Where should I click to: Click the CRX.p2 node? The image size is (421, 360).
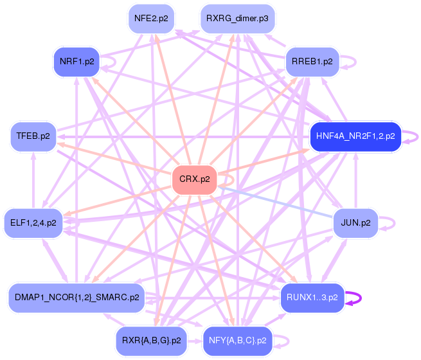(x=195, y=179)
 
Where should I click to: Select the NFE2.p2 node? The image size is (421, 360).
(x=152, y=19)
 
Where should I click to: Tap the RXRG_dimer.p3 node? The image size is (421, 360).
(x=237, y=19)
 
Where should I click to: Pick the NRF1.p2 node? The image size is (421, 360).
(x=76, y=62)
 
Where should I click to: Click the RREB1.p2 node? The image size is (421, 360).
(x=312, y=62)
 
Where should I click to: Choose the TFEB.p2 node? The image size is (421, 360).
(x=33, y=136)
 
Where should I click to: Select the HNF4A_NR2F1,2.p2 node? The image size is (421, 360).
(x=355, y=136)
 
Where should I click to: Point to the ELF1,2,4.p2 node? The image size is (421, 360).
(x=33, y=223)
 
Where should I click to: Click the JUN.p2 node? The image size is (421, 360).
(x=355, y=223)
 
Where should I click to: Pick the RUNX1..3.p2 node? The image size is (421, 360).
(x=312, y=298)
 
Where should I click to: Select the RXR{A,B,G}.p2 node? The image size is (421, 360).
(x=152, y=340)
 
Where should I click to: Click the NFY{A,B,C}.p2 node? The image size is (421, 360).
(x=238, y=340)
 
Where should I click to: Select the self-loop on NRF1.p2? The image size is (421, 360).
(x=114, y=62)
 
